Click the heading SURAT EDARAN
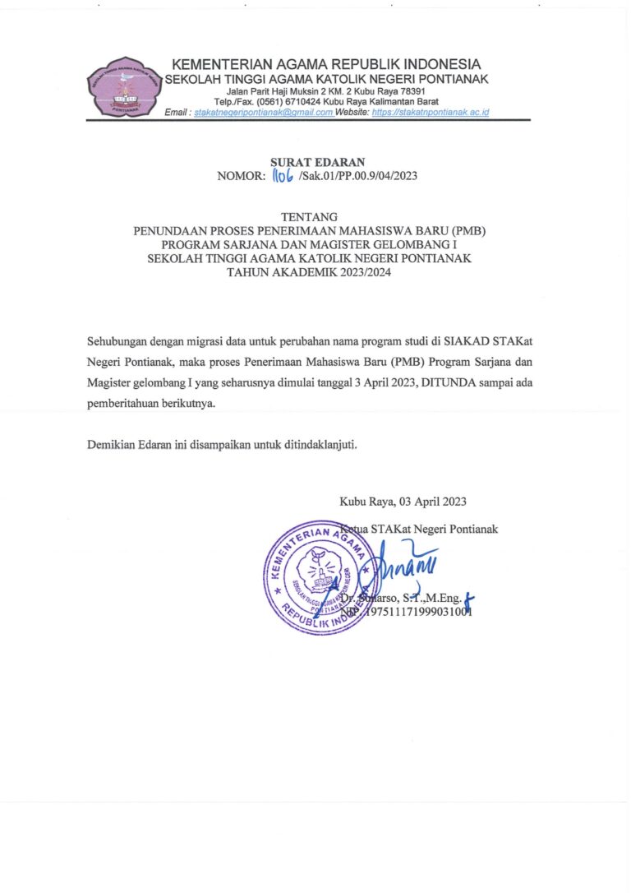tap(317, 162)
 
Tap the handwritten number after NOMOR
tap(283, 175)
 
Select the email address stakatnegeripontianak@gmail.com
tap(264, 112)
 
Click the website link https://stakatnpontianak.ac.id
tap(430, 112)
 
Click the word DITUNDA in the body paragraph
tap(448, 382)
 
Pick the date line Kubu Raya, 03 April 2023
tap(403, 502)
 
